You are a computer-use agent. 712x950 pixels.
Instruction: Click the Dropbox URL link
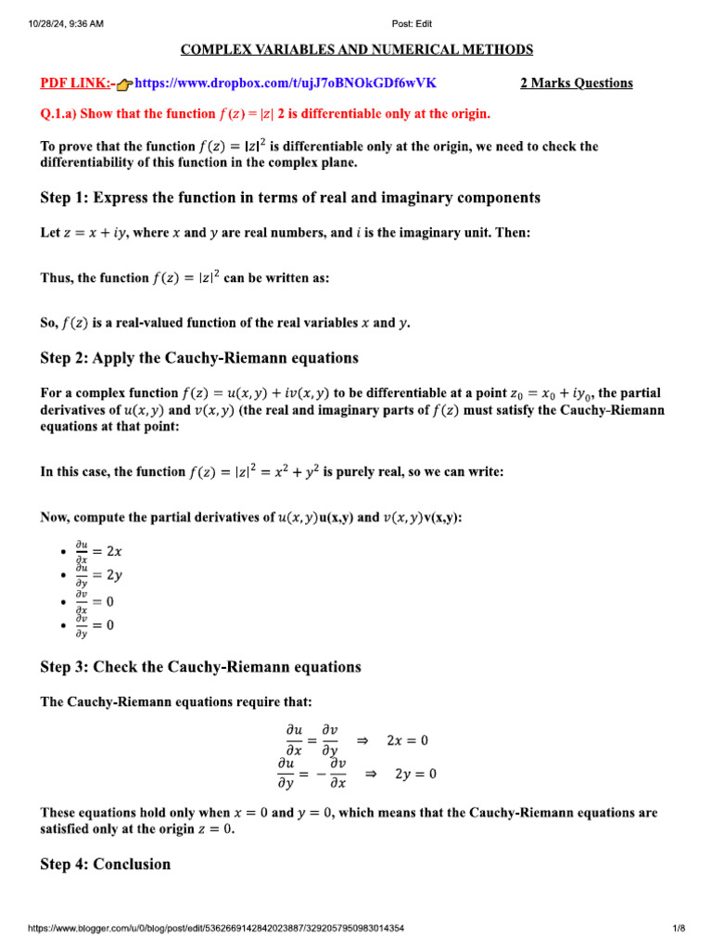click(286, 83)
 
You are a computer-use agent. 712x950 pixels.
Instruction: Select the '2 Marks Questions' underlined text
click(576, 83)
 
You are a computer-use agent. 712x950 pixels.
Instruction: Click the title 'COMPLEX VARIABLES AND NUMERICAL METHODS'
click(356, 49)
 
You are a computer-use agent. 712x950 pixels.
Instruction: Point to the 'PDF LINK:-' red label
click(78, 83)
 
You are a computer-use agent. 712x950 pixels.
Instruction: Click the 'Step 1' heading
click(290, 198)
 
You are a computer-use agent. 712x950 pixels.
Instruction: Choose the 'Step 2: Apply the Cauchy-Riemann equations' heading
click(199, 358)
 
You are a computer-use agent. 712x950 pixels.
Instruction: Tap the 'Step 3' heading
click(200, 667)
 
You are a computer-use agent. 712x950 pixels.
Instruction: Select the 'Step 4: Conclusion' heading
click(106, 865)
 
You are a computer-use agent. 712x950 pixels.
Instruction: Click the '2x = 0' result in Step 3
click(407, 740)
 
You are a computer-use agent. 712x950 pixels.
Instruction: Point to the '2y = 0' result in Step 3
click(415, 774)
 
